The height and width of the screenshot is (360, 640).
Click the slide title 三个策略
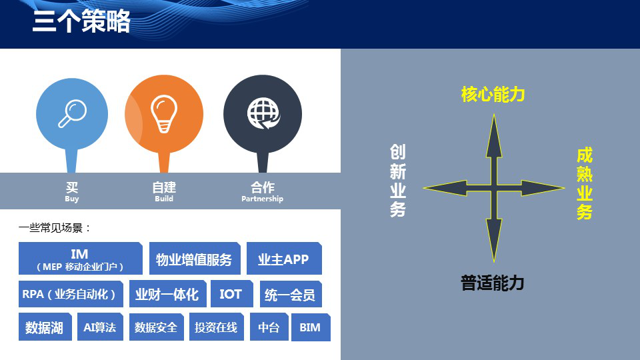coord(81,22)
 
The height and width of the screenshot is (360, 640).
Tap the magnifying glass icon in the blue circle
coord(72,113)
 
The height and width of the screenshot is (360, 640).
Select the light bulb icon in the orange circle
coord(164,113)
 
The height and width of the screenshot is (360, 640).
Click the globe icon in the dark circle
coord(263,113)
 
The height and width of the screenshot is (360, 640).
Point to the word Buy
coord(72,199)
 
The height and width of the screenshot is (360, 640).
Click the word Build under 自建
coord(164,199)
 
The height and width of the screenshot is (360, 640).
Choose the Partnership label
coord(262,199)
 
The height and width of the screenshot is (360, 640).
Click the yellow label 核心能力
coord(493,95)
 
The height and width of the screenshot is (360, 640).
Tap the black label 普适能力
coord(493,283)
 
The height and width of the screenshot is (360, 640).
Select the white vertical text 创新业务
coord(398,181)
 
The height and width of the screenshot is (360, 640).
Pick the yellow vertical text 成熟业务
coord(585,184)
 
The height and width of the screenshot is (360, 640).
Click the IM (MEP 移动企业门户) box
coord(80,259)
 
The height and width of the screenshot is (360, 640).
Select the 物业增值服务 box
coord(193,259)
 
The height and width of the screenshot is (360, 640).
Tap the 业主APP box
coord(283,259)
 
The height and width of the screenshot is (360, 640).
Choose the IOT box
coord(231,294)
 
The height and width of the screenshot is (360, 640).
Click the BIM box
coord(310,327)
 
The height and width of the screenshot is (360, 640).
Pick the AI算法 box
coord(100,327)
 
